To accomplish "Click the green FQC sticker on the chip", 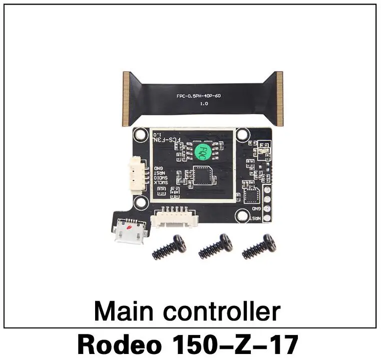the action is (x=202, y=149).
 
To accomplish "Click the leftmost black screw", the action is (x=169, y=247).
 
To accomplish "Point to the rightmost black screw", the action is (x=259, y=246).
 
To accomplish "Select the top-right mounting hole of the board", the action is (x=243, y=134).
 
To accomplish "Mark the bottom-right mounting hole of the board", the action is (x=243, y=216).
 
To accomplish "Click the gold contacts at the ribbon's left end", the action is (x=127, y=98).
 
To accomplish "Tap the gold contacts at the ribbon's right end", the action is (x=279, y=98).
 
